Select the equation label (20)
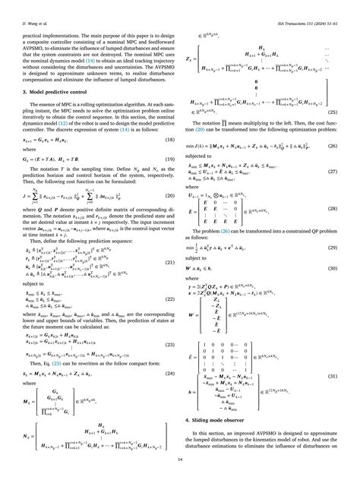pyautogui.click(x=171, y=197)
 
